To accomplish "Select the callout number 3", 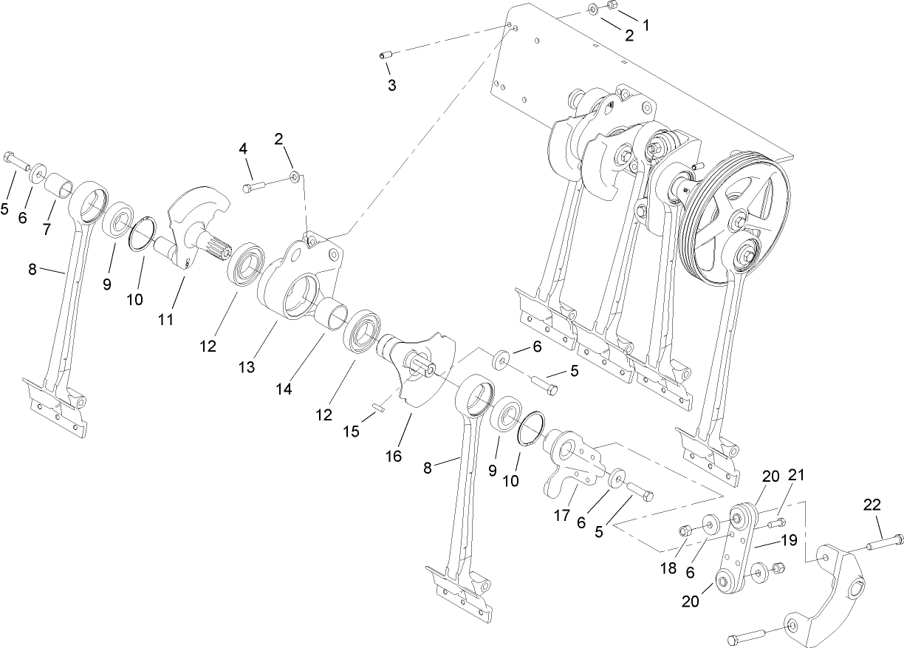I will click(391, 86).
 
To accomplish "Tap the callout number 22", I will click(872, 505).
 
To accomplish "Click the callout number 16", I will click(394, 456).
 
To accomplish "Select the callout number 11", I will click(165, 319).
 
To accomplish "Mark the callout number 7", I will click(47, 230).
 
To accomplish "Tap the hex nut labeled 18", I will click(685, 531).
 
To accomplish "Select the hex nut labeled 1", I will click(612, 6).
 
